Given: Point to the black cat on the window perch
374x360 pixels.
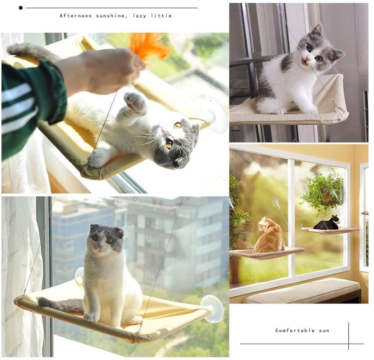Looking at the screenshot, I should [327, 223].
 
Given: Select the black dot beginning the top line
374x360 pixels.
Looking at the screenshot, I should [20, 8].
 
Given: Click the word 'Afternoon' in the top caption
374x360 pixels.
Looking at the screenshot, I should [76, 16].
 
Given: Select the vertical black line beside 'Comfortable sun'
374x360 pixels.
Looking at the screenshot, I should [348, 335].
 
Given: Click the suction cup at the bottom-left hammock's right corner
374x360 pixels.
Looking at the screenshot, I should [212, 308].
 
